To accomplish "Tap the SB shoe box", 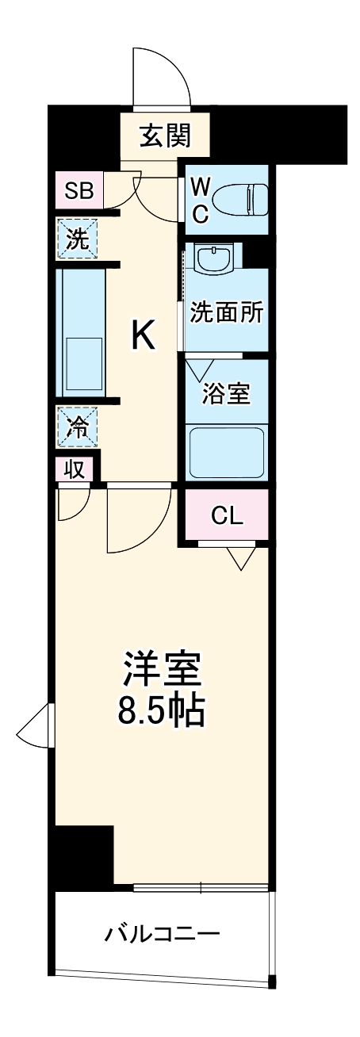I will pos(79,190).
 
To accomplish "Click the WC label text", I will pos(200,200).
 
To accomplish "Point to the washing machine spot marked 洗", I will pos(78,238).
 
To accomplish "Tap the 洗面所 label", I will pos(226,312).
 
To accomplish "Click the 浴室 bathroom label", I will pos(226,394).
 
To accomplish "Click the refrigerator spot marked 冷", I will pos(78,427).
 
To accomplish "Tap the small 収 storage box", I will pos(75,469).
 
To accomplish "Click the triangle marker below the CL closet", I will pos(238,558).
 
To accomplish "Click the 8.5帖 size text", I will pos(163,711).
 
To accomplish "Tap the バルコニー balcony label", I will pos(162,934).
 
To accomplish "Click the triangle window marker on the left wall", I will pos(36,725).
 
